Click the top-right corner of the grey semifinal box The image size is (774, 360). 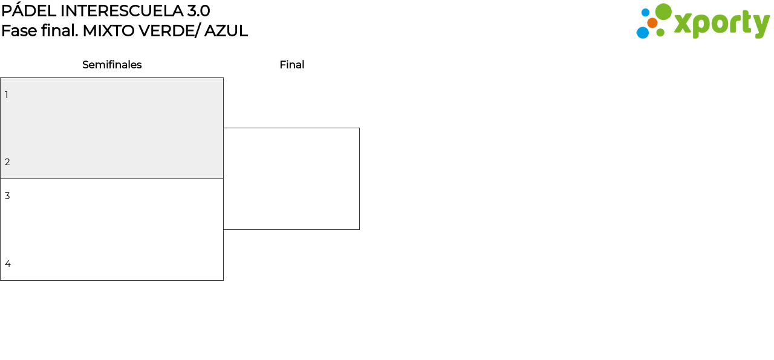coord(223,78)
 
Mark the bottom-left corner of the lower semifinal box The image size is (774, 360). coord(1,280)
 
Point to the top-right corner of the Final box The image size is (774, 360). coord(359,128)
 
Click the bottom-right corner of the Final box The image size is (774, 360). coord(359,229)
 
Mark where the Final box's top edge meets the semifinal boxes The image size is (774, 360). coord(223,128)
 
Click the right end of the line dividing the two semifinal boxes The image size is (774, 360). coord(223,178)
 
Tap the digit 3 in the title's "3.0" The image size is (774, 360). coord(192,11)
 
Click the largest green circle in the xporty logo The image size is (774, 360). coord(663,11)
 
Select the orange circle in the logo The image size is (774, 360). coord(652,23)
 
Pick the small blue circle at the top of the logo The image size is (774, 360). coord(645,13)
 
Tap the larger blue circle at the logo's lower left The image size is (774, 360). coord(643,33)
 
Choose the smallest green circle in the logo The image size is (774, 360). coord(660,33)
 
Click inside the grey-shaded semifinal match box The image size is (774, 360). coord(112,128)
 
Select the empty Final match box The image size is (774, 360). coord(291,178)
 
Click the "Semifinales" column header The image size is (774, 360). coord(112,65)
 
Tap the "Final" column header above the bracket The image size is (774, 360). coord(292,65)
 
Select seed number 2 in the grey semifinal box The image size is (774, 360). coord(7,162)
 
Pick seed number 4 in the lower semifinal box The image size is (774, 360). coord(8,264)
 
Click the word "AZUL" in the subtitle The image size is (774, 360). coord(226,31)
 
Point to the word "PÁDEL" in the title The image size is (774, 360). coord(28,10)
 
